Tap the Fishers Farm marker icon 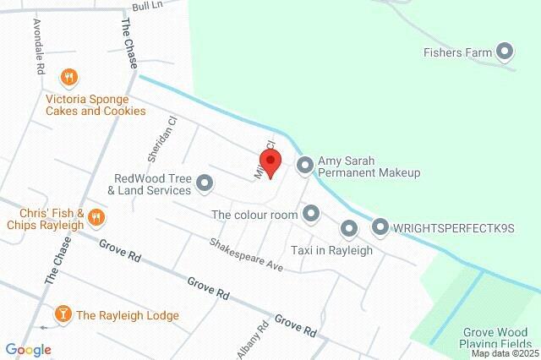[x=505, y=52]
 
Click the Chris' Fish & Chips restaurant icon [x=96, y=217]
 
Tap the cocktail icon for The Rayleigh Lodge [x=62, y=315]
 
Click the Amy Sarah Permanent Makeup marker [x=305, y=166]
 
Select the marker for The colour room [x=312, y=215]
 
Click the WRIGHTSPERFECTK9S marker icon [x=380, y=227]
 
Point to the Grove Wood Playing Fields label [x=498, y=338]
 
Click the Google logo [x=29, y=349]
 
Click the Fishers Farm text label [x=457, y=52]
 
